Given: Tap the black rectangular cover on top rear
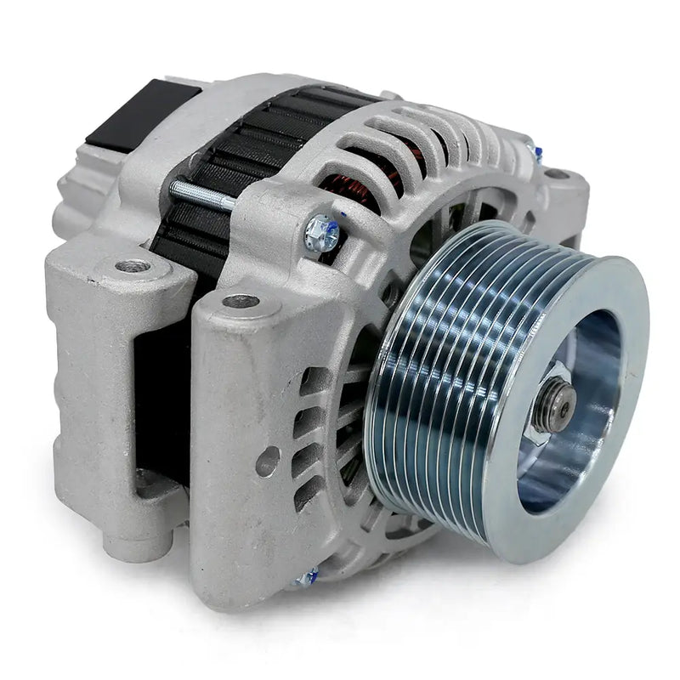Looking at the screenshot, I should pyautogui.click(x=140, y=115).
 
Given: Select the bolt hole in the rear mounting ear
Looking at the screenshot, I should pyautogui.click(x=133, y=266).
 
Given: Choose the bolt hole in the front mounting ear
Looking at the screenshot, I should pyautogui.click(x=241, y=301).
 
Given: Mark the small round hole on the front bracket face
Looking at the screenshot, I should pyautogui.click(x=268, y=462).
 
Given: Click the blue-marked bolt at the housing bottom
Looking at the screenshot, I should pyautogui.click(x=306, y=579).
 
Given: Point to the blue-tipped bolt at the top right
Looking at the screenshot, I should pyautogui.click(x=535, y=153).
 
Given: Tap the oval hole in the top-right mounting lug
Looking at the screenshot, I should pyautogui.click(x=557, y=175).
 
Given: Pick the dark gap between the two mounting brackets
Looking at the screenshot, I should pyautogui.click(x=161, y=399).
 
